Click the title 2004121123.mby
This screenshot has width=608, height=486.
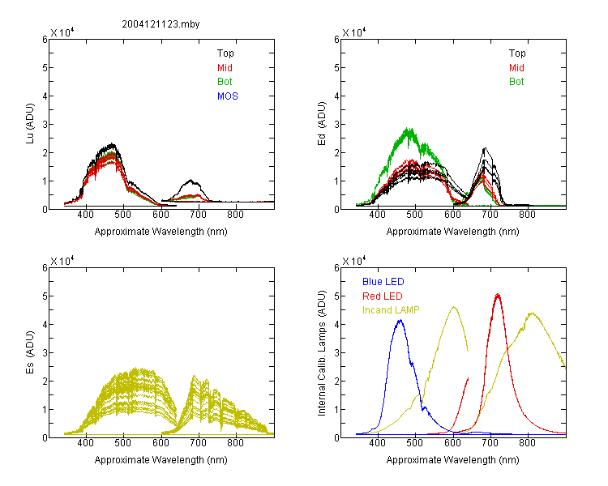(x=161, y=24)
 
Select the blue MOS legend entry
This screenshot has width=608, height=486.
(x=228, y=96)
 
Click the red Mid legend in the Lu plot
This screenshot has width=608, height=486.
(x=225, y=68)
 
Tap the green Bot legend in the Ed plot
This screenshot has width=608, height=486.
(x=516, y=82)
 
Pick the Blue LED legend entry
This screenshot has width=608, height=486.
(x=383, y=282)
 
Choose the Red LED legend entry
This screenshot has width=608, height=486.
(x=383, y=296)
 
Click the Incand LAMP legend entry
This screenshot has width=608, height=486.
(x=391, y=310)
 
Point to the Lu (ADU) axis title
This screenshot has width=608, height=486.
(x=30, y=123)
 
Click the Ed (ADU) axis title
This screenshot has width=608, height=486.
(x=322, y=124)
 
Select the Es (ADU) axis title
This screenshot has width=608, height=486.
(x=30, y=352)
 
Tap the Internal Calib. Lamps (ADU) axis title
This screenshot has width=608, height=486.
(x=322, y=353)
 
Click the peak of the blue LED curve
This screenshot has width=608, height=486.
(x=400, y=320)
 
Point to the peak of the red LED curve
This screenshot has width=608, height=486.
(x=498, y=295)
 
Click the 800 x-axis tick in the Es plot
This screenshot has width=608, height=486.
(x=235, y=443)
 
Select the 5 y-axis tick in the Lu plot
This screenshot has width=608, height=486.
(x=45, y=68)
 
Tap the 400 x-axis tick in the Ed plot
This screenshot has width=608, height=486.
(x=377, y=215)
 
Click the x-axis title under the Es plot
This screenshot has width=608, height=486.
(x=161, y=460)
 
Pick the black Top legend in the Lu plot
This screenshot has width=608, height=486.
(x=225, y=53)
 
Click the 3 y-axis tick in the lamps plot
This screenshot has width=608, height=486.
(x=336, y=352)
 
